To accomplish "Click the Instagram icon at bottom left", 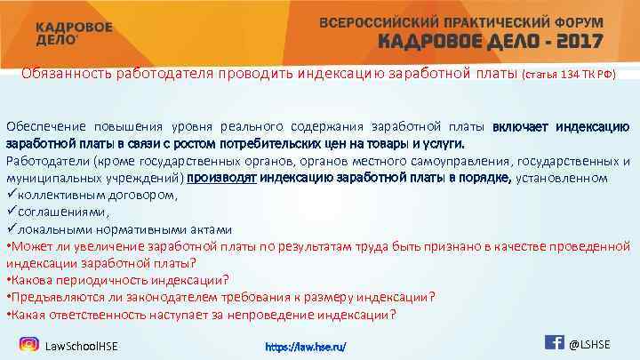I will pos(28,344).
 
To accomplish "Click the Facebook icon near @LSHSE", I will pos(553,341).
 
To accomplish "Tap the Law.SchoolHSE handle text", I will pos(82,345).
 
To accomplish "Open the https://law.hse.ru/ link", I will pos(306,345).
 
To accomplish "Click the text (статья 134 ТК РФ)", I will pos(569,75).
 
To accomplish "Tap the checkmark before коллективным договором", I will pos(11,194).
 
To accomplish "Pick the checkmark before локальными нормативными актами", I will pos(11,228).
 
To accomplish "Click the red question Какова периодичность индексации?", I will pos(118,279).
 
